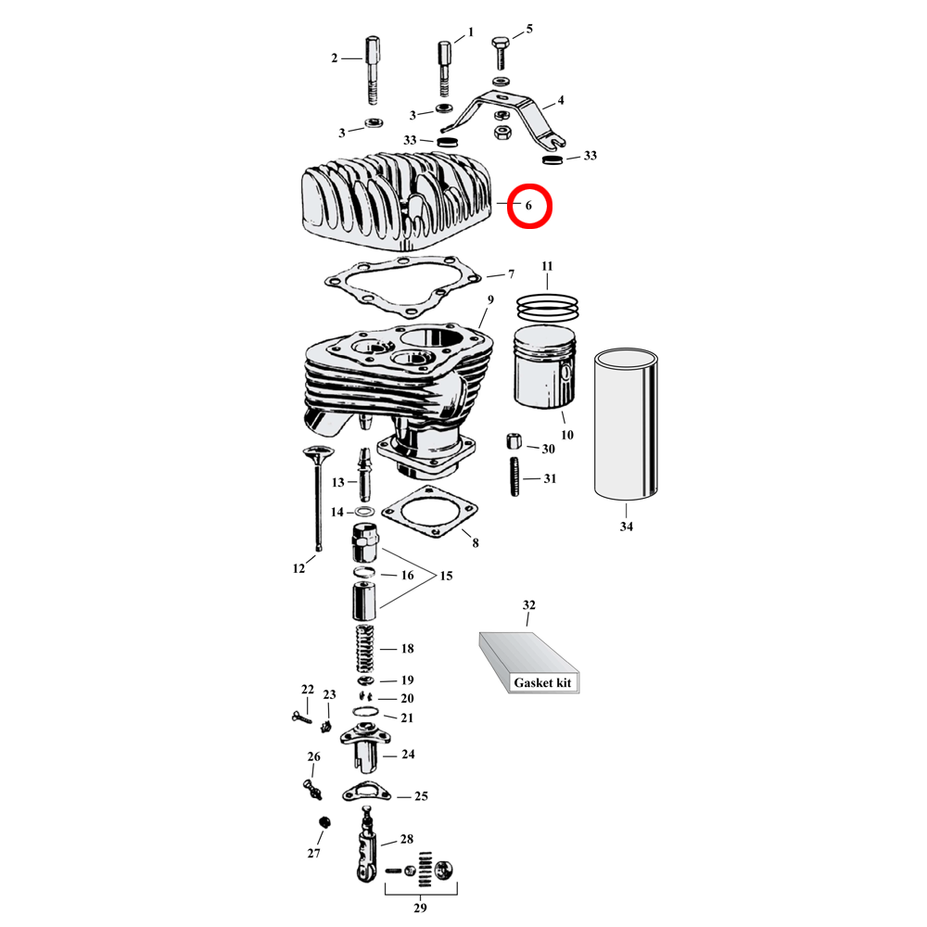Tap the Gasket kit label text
[544, 682]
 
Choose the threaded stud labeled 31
[514, 478]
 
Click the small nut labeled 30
[514, 440]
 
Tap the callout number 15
[446, 576]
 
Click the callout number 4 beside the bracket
[560, 100]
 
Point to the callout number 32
[529, 605]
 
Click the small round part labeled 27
[324, 824]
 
